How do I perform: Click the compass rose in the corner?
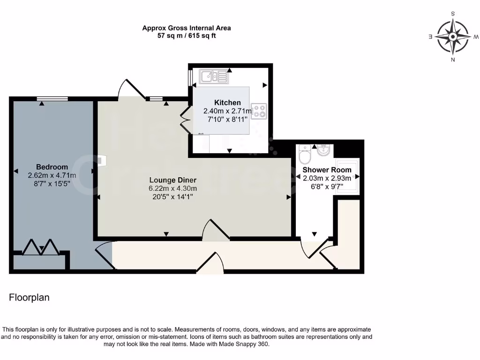(x=453, y=37)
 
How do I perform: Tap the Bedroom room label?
(x=52, y=167)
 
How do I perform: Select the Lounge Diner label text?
(x=173, y=180)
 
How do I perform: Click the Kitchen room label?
(x=227, y=103)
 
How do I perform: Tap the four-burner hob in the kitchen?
(x=259, y=111)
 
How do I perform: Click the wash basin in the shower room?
(x=324, y=151)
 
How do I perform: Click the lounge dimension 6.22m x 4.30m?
(x=173, y=188)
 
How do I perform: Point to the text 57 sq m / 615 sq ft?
(x=187, y=36)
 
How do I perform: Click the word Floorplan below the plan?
(x=29, y=298)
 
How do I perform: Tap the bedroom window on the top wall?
(x=52, y=98)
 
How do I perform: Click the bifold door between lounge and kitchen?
(x=185, y=120)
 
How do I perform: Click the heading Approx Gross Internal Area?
(x=187, y=28)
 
